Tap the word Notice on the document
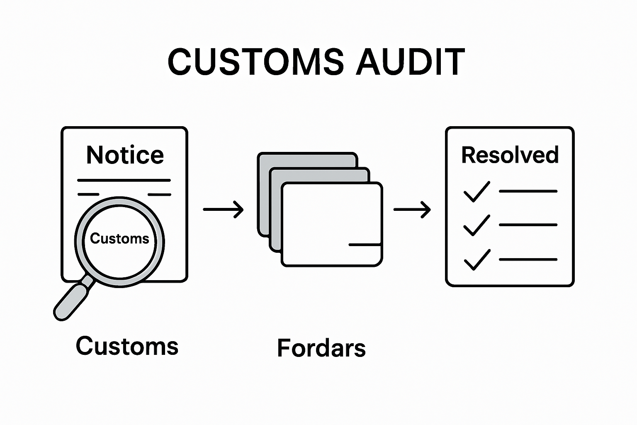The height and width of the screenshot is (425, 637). coord(125,155)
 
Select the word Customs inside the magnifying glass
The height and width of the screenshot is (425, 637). coord(119,239)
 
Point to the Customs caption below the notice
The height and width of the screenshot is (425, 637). coord(127,346)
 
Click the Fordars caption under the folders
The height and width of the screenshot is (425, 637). coord(321,348)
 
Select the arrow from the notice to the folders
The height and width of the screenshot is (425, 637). coord(223,209)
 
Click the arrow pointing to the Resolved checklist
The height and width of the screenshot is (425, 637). coord(412,209)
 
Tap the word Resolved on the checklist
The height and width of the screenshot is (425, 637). coord(510,155)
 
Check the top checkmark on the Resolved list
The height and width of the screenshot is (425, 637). coord(477,192)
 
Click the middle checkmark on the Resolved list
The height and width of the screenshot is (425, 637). coord(477,226)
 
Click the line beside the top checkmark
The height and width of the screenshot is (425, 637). coord(528,191)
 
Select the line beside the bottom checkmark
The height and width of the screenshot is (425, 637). coord(528,259)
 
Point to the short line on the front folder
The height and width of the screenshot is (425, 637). coord(365,245)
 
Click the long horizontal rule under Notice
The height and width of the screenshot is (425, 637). coord(124,181)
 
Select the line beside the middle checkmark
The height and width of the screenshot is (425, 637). coord(528,225)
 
